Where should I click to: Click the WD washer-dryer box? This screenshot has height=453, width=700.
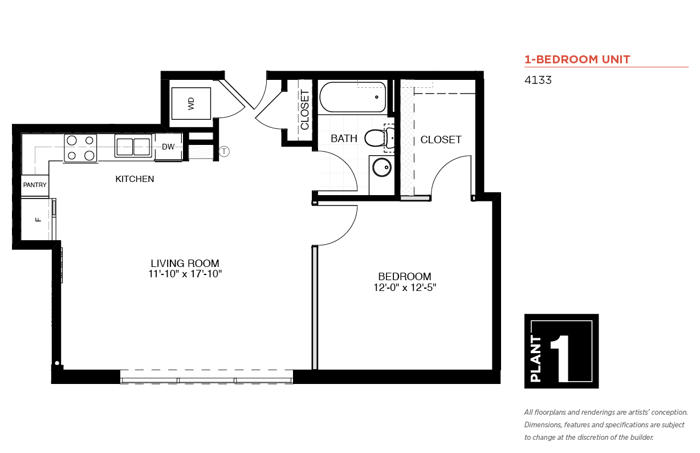[x=191, y=103]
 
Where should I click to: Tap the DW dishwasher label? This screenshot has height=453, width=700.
[x=168, y=147]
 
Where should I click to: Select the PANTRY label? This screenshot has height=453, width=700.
[x=35, y=185]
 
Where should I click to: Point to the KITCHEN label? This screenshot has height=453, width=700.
[x=135, y=179]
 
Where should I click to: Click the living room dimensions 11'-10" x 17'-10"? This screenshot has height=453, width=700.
[x=185, y=274]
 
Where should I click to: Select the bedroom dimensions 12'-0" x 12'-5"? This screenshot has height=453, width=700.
[x=405, y=287]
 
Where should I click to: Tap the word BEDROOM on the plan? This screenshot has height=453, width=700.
[x=405, y=277]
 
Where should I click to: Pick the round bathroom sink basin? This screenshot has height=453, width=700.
[x=382, y=167]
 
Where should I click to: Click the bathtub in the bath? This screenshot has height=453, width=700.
[x=353, y=97]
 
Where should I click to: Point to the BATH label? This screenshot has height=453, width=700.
[x=344, y=138]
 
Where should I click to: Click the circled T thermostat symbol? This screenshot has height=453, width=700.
[x=224, y=151]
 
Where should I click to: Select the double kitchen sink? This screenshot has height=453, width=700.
[x=133, y=146]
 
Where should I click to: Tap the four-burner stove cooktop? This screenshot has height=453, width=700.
[x=80, y=148]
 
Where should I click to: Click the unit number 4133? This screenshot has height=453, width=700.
[x=538, y=80]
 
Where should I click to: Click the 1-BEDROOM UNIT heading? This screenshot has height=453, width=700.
[x=577, y=59]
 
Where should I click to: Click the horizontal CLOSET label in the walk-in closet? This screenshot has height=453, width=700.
[x=441, y=140]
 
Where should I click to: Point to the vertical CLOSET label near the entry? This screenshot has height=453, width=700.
[x=304, y=110]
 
